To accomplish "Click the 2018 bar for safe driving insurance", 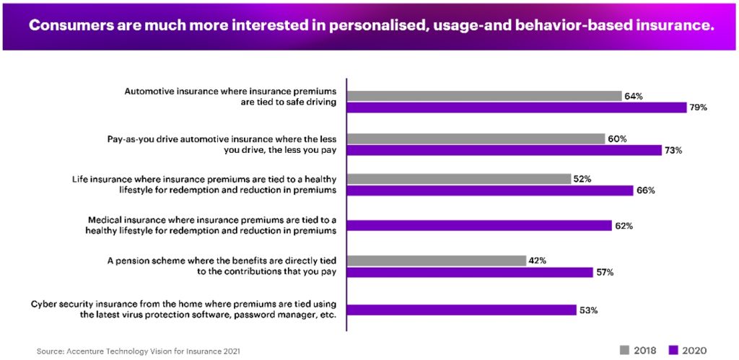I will tap(484, 96).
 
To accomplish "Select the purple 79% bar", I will tap(517, 107).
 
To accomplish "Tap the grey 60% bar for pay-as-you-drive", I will tap(476, 139).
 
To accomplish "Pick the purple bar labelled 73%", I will tap(504, 150).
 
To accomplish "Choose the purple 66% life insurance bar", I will tap(490, 191).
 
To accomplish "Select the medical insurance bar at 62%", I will tap(480, 226).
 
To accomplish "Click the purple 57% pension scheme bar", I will tap(470, 273).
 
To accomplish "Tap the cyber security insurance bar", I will tap(461, 310).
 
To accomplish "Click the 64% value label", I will tap(634, 96).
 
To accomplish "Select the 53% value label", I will tap(588, 310).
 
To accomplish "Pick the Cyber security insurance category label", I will tap(185, 308).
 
